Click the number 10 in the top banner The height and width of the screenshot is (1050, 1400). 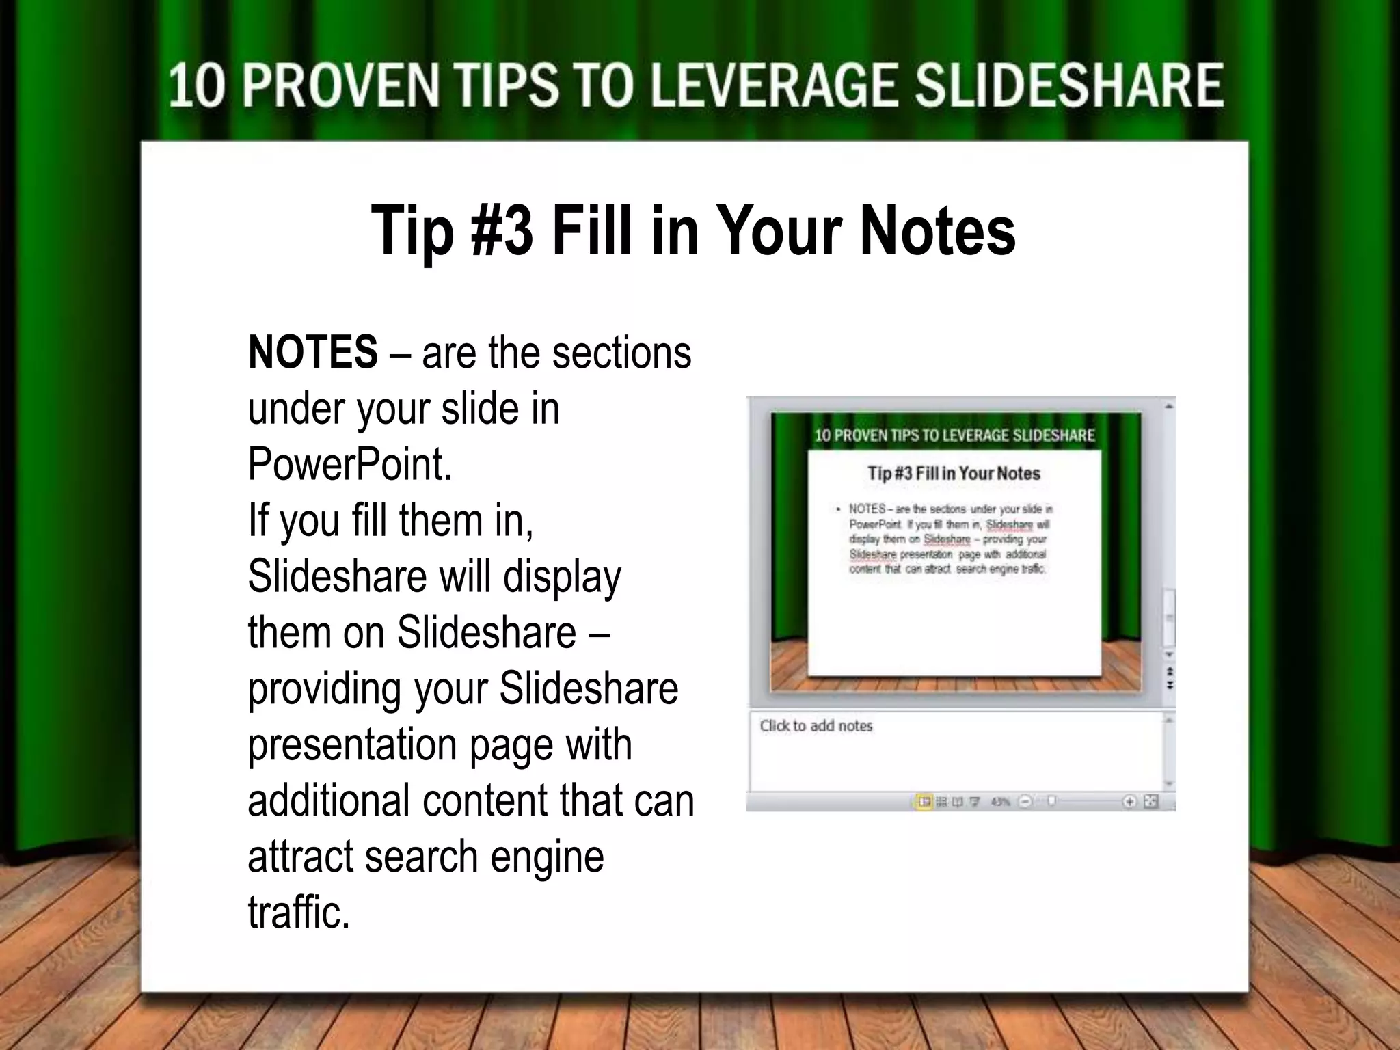pos(196,86)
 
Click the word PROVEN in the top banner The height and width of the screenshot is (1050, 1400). pos(340,86)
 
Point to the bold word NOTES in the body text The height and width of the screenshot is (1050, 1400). pos(312,353)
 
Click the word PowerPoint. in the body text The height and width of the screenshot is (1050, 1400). pos(350,465)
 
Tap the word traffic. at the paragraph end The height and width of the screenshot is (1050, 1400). pos(299,913)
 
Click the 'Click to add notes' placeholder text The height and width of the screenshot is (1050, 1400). pos(816,726)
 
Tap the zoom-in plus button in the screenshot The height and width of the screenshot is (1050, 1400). pos(1129,802)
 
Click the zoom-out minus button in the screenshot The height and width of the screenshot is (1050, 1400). pos(1025,802)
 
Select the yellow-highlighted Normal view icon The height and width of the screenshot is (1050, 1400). pos(924,802)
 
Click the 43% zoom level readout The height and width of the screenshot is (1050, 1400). pos(1000,802)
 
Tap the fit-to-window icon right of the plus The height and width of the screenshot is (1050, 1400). pos(1151,802)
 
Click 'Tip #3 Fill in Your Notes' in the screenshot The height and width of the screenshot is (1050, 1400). pos(954,473)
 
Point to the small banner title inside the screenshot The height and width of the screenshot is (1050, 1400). pos(954,435)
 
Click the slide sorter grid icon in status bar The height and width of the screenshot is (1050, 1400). pos(941,802)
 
